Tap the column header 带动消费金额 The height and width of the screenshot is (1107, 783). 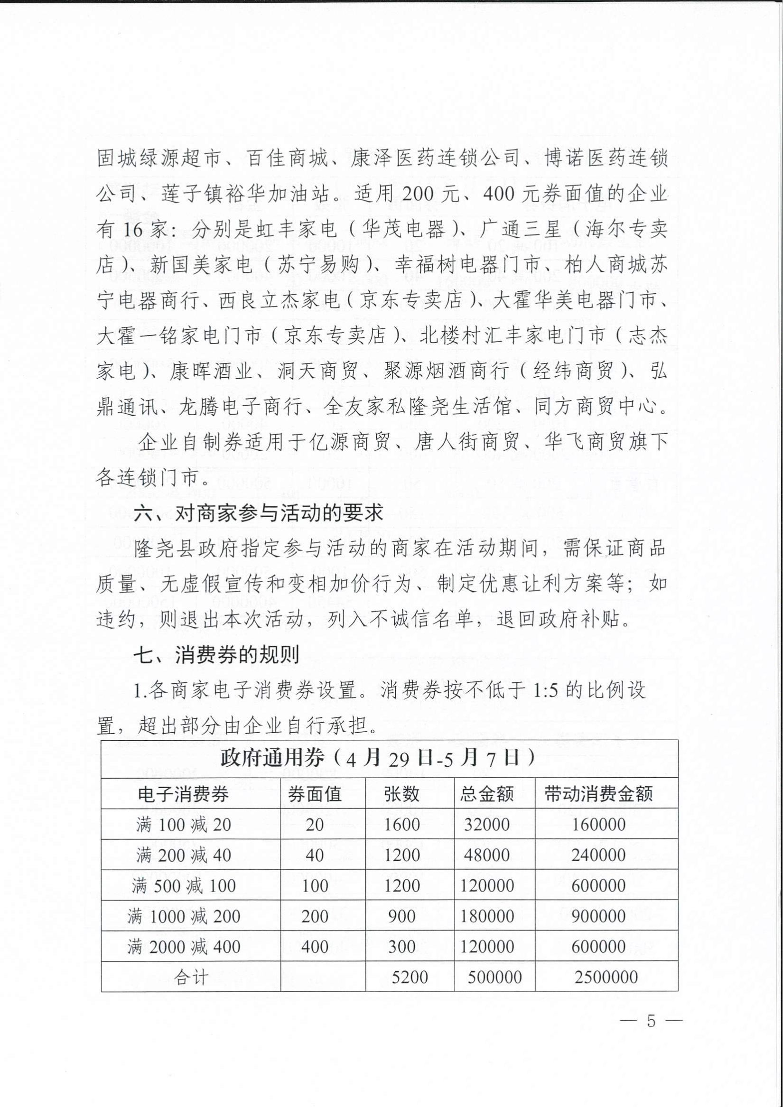pyautogui.click(x=598, y=794)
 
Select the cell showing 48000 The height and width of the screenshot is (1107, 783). pyautogui.click(x=486, y=855)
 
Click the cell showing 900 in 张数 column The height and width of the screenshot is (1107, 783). pyautogui.click(x=401, y=916)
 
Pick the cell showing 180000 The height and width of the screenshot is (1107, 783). pyautogui.click(x=487, y=916)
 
